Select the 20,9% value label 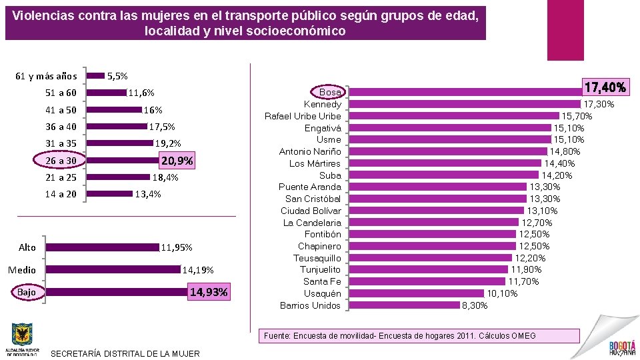click(x=177, y=161)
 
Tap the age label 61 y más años click(x=46, y=76)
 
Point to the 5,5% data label click(x=117, y=77)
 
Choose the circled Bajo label click(x=27, y=293)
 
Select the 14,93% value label click(x=209, y=292)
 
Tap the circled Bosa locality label click(x=329, y=92)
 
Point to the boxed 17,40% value click(x=605, y=87)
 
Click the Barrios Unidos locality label click(x=310, y=305)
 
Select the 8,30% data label click(x=475, y=305)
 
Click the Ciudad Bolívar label click(x=311, y=211)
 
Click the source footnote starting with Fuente click(x=399, y=336)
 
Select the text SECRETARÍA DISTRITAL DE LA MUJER click(x=125, y=353)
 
